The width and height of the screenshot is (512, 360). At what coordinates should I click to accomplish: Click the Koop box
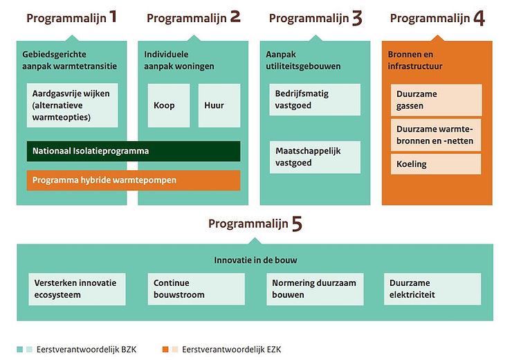coord(169,105)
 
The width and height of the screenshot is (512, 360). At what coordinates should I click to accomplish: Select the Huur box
coord(219,105)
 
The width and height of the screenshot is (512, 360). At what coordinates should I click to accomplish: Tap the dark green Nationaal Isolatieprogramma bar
coord(134,151)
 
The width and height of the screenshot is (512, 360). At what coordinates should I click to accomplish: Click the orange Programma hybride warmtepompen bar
coord(134,180)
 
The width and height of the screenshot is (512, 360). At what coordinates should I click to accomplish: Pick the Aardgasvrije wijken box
coord(73,105)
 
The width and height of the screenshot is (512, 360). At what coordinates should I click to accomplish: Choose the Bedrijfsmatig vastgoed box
coord(315,100)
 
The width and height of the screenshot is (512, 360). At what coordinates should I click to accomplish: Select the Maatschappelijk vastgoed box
coord(315,157)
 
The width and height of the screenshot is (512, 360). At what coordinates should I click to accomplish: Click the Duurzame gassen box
coord(436,100)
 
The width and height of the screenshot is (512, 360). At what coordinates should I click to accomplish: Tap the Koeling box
coord(436,164)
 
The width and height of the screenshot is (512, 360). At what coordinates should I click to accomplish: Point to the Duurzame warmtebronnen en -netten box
coord(436,135)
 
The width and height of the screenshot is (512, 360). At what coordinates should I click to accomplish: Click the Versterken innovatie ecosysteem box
coord(77,289)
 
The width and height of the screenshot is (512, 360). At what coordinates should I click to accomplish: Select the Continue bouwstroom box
coord(196,289)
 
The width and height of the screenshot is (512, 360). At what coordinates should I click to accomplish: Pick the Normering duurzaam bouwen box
coord(315,289)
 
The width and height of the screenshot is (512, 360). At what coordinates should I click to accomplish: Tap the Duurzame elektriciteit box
coord(432,289)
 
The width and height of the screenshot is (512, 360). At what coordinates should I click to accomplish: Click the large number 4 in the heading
coord(479,18)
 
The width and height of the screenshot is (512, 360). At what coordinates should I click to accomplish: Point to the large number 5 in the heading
coord(297,224)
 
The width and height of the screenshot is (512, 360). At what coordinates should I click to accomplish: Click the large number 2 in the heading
coord(235,17)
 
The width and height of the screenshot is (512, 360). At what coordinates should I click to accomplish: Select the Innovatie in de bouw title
coord(255,260)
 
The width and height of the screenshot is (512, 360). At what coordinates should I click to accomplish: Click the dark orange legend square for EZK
coord(165,350)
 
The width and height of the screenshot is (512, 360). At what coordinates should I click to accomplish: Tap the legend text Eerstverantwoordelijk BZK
coord(86,350)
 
